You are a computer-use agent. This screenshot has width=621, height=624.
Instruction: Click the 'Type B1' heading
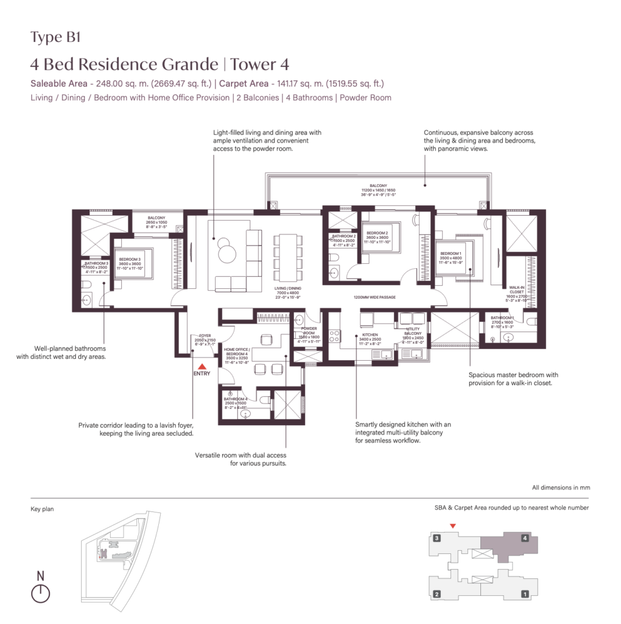coord(55,37)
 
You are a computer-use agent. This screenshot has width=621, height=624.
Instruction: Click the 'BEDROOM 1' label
coord(451,253)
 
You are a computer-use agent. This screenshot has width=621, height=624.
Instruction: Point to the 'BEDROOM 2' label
coord(377,233)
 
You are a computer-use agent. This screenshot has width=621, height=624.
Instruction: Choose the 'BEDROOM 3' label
coord(130,259)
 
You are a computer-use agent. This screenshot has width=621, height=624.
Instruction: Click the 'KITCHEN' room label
coord(370,335)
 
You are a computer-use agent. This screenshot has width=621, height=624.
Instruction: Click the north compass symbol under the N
coord(40,594)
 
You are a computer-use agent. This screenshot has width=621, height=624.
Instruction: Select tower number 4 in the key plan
coord(524,538)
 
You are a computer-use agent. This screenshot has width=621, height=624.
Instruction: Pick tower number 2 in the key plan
coord(437,594)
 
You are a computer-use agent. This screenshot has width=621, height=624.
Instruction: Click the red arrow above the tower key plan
coord(452,526)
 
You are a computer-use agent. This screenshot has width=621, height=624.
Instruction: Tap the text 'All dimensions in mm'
coord(560,487)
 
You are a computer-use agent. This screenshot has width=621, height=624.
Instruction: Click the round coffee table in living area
coord(226,249)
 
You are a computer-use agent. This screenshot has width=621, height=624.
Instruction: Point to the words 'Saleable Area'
coord(58,83)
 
